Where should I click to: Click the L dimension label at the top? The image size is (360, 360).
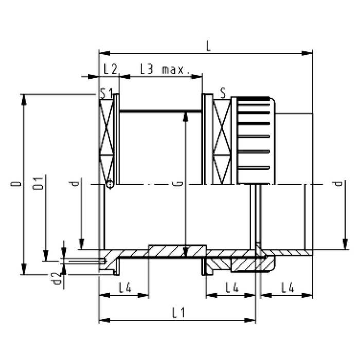208,46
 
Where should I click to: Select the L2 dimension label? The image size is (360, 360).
109,68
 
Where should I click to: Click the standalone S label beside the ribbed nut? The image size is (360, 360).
223,93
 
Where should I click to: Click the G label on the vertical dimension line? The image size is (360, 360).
177,183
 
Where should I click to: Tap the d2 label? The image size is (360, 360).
58,279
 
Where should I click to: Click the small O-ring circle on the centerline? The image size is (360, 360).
109,184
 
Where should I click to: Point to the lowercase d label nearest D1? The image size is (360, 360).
76,183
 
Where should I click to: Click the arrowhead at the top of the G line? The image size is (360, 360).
185,116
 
